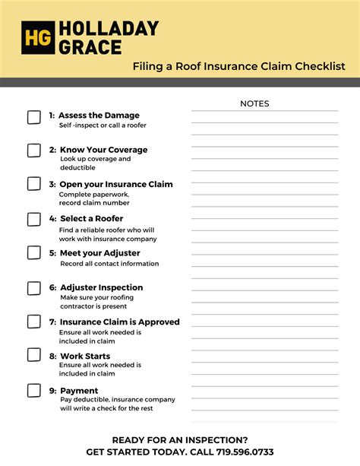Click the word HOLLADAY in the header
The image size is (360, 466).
[x=109, y=29]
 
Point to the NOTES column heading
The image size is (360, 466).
[x=254, y=103]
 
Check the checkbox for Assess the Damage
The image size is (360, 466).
[x=34, y=117]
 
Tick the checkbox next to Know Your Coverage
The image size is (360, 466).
[x=34, y=151]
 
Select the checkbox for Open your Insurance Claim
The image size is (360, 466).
[x=34, y=184]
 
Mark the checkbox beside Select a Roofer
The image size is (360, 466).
[x=34, y=219]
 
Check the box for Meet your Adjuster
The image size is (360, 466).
[x=34, y=252]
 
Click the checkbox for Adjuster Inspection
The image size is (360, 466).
[x=34, y=288]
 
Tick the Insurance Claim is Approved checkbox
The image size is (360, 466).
[x=34, y=322]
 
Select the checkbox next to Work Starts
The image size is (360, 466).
[x=34, y=355]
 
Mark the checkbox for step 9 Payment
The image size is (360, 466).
[x=34, y=391]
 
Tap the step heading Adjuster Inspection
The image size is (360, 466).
[x=101, y=287]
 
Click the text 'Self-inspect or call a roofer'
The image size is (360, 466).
[x=103, y=125]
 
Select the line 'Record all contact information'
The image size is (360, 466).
[x=109, y=264]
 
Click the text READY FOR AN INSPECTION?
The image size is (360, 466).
[x=180, y=440]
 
